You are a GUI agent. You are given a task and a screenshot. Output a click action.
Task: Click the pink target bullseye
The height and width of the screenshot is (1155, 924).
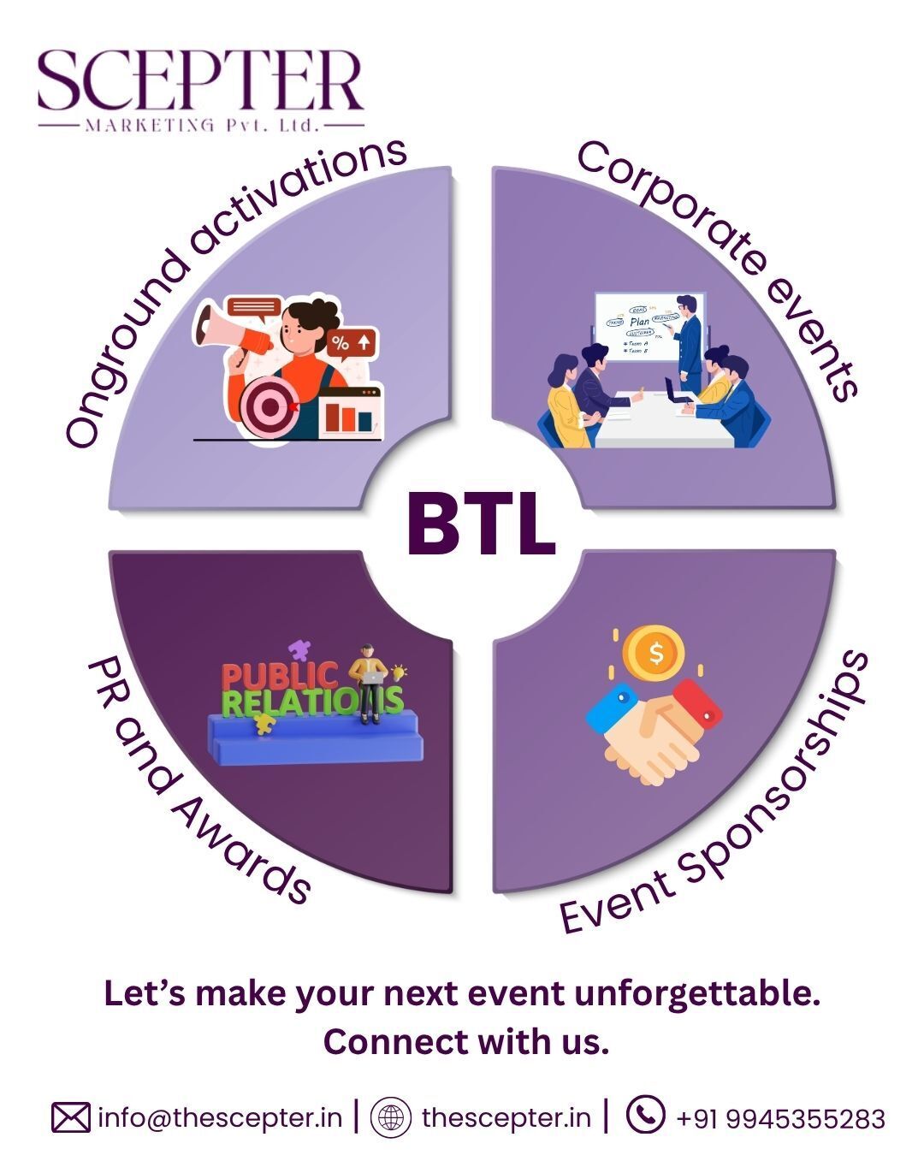(x=270, y=406)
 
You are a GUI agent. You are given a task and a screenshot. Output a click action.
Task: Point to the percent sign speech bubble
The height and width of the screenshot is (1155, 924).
(x=352, y=343)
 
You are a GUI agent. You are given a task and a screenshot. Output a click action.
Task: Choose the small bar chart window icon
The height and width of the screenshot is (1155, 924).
(x=350, y=412)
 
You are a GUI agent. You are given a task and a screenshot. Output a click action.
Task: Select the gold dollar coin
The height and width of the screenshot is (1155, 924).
(x=654, y=653)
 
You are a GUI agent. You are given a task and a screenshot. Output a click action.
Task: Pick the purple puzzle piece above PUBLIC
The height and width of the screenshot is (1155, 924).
(x=299, y=651)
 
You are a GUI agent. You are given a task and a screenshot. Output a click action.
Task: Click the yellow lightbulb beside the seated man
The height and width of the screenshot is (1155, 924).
(x=399, y=672)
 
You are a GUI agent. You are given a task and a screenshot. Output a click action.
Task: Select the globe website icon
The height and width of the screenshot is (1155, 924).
(x=391, y=1118)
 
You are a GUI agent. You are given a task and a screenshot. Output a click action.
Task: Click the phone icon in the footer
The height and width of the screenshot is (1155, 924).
(x=645, y=1116)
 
